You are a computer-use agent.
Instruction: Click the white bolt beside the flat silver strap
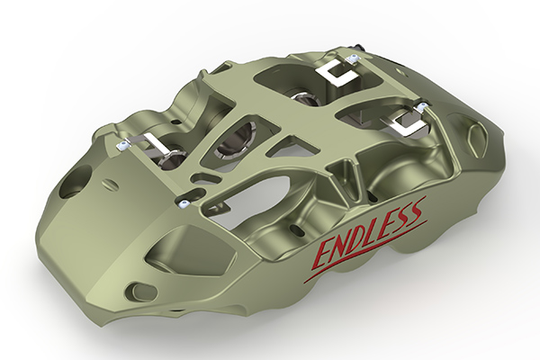[121, 146]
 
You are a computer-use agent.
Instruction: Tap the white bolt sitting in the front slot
[183, 204]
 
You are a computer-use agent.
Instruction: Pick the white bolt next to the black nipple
[352, 58]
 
